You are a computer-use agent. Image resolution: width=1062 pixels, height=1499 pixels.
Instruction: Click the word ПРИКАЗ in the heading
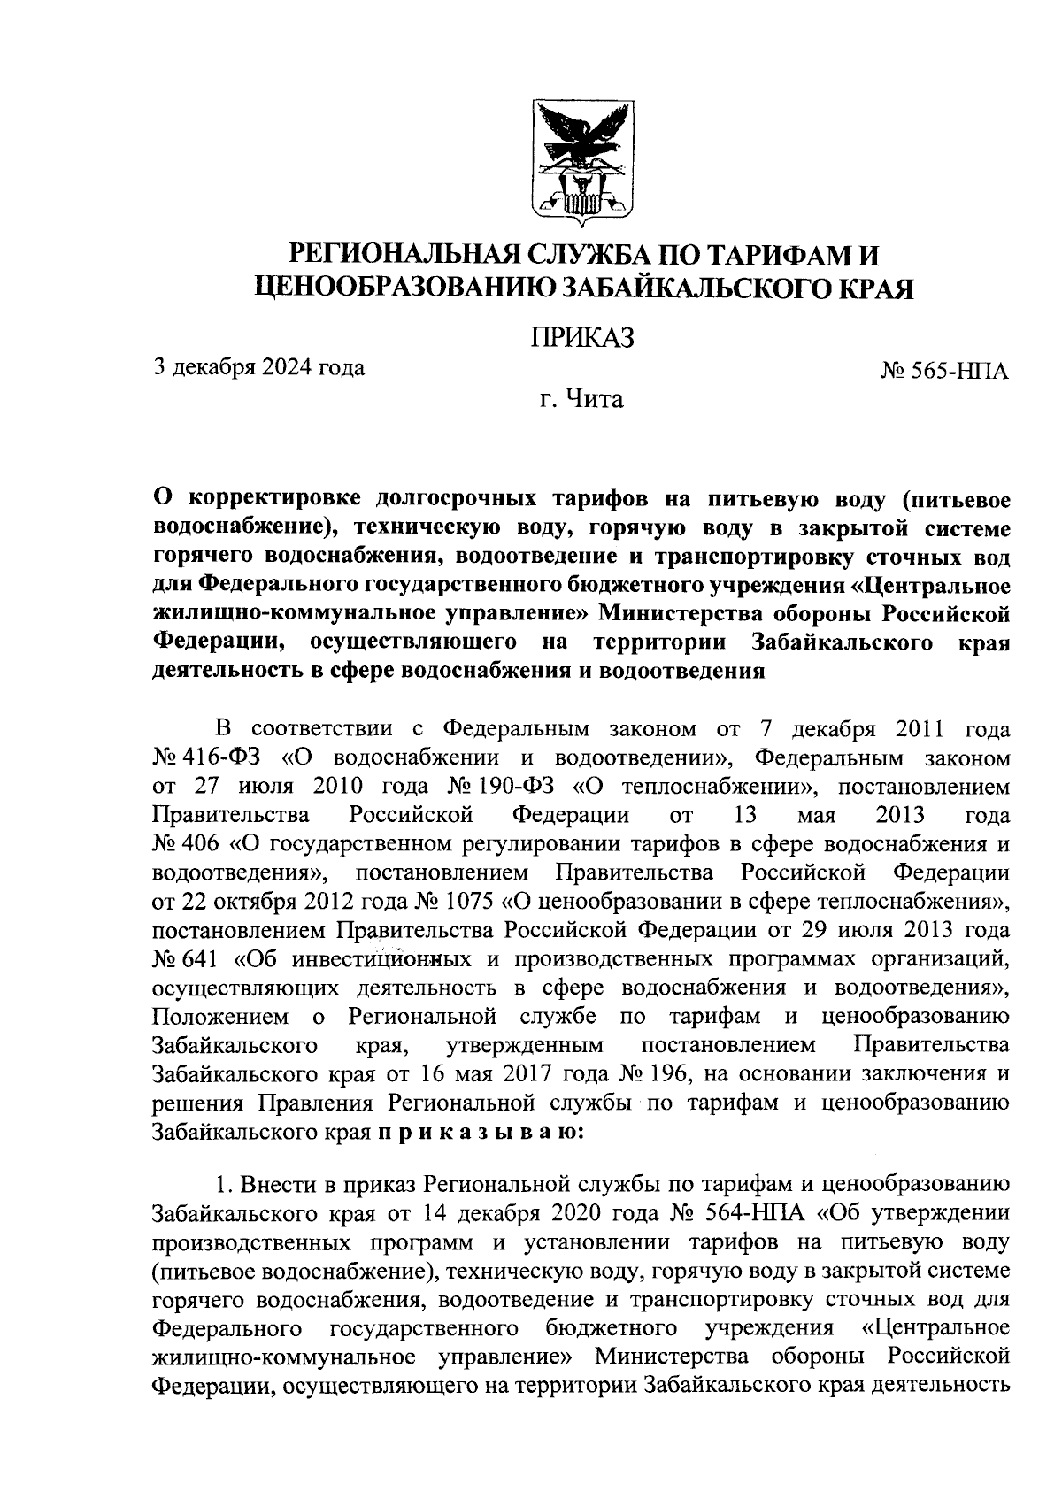tap(581, 338)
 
